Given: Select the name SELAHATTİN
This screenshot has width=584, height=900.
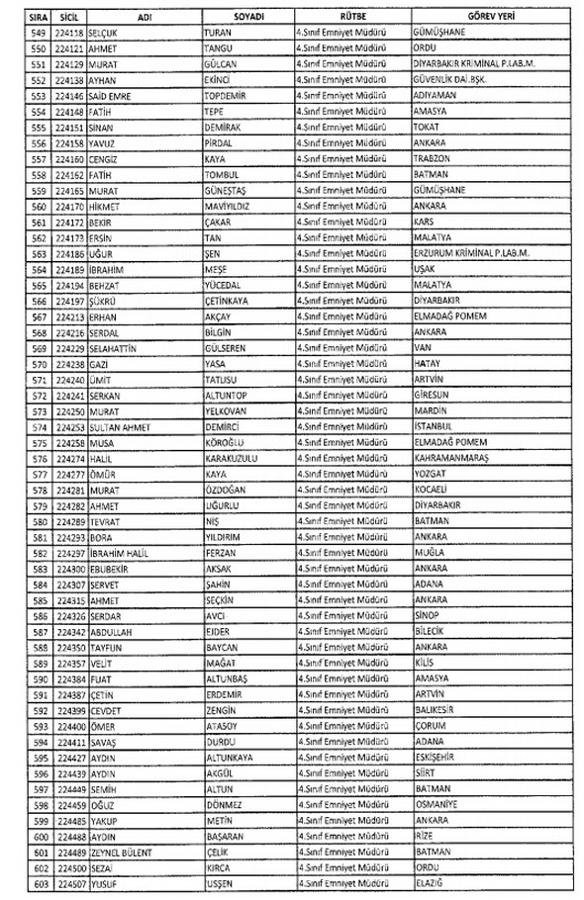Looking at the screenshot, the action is (115, 349).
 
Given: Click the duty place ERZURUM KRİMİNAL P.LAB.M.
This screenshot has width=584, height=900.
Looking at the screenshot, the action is (473, 254).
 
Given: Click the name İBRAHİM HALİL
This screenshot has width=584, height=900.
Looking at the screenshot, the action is (119, 555).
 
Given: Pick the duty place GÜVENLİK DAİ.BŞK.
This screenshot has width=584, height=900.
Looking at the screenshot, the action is (455, 79).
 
